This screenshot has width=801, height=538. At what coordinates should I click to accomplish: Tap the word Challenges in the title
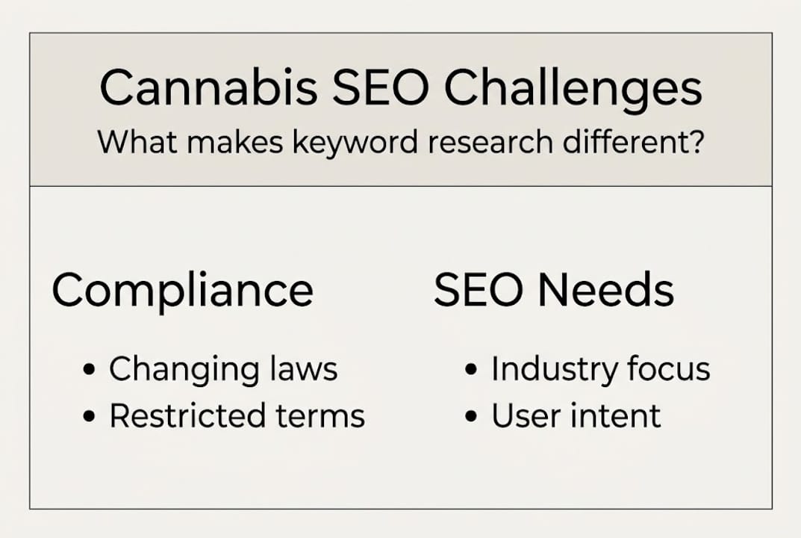tap(573, 88)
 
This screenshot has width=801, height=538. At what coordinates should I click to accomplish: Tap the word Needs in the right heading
tap(603, 290)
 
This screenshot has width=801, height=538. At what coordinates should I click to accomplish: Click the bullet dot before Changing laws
tap(90, 371)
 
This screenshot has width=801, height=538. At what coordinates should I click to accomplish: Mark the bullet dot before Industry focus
tap(472, 371)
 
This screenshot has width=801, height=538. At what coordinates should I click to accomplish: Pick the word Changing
tap(186, 371)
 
